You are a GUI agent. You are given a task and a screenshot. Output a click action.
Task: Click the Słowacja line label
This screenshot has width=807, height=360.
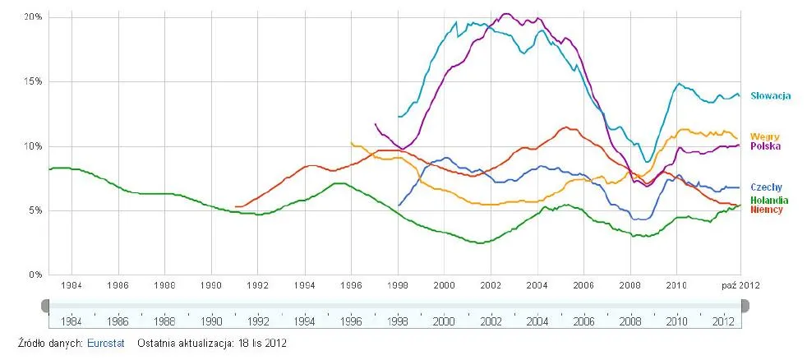pos(770,96)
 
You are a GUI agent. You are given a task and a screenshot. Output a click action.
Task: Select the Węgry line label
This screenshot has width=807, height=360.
pos(765,136)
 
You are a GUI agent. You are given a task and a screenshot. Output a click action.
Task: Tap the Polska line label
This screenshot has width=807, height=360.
pos(765,145)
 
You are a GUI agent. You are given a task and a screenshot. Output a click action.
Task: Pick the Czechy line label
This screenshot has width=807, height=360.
pos(766,187)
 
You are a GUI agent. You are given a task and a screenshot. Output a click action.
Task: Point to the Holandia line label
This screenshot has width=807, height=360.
pos(769,201)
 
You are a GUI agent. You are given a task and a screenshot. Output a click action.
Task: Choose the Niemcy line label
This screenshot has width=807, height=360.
pos(767,210)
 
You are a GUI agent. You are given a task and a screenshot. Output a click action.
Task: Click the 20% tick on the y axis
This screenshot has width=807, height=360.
pos(33,17)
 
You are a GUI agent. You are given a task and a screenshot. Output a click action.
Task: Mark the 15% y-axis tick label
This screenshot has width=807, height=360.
pos(33,81)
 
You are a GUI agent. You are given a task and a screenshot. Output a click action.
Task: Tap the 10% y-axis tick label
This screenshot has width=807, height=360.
pos(33,146)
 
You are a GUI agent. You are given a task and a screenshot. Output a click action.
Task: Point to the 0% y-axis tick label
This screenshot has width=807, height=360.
pos(35,275)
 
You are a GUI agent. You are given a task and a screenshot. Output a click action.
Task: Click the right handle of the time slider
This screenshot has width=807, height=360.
pos(745,306)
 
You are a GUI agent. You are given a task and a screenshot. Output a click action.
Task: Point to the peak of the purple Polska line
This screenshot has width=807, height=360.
pos(505,13)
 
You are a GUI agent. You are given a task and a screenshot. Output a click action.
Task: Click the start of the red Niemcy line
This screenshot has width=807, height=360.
pos(236,206)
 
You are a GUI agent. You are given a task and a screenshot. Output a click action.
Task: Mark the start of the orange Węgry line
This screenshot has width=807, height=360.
pos(352,143)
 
